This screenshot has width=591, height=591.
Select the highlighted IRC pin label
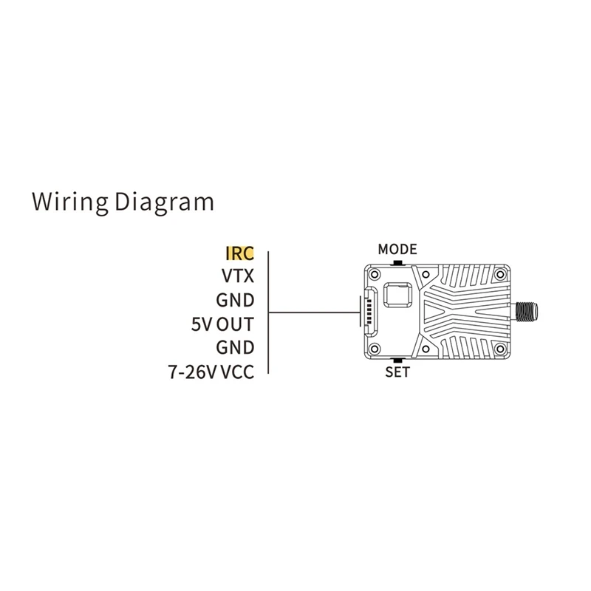239,253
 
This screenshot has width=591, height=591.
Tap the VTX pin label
238,276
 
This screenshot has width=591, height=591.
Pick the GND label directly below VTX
235,300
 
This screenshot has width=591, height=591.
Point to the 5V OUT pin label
222,324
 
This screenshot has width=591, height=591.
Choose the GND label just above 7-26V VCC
235,347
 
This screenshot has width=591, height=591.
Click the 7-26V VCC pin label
211,371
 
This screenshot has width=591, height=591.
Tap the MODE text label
397,249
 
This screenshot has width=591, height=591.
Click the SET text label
397,372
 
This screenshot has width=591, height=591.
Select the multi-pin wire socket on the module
367,310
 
